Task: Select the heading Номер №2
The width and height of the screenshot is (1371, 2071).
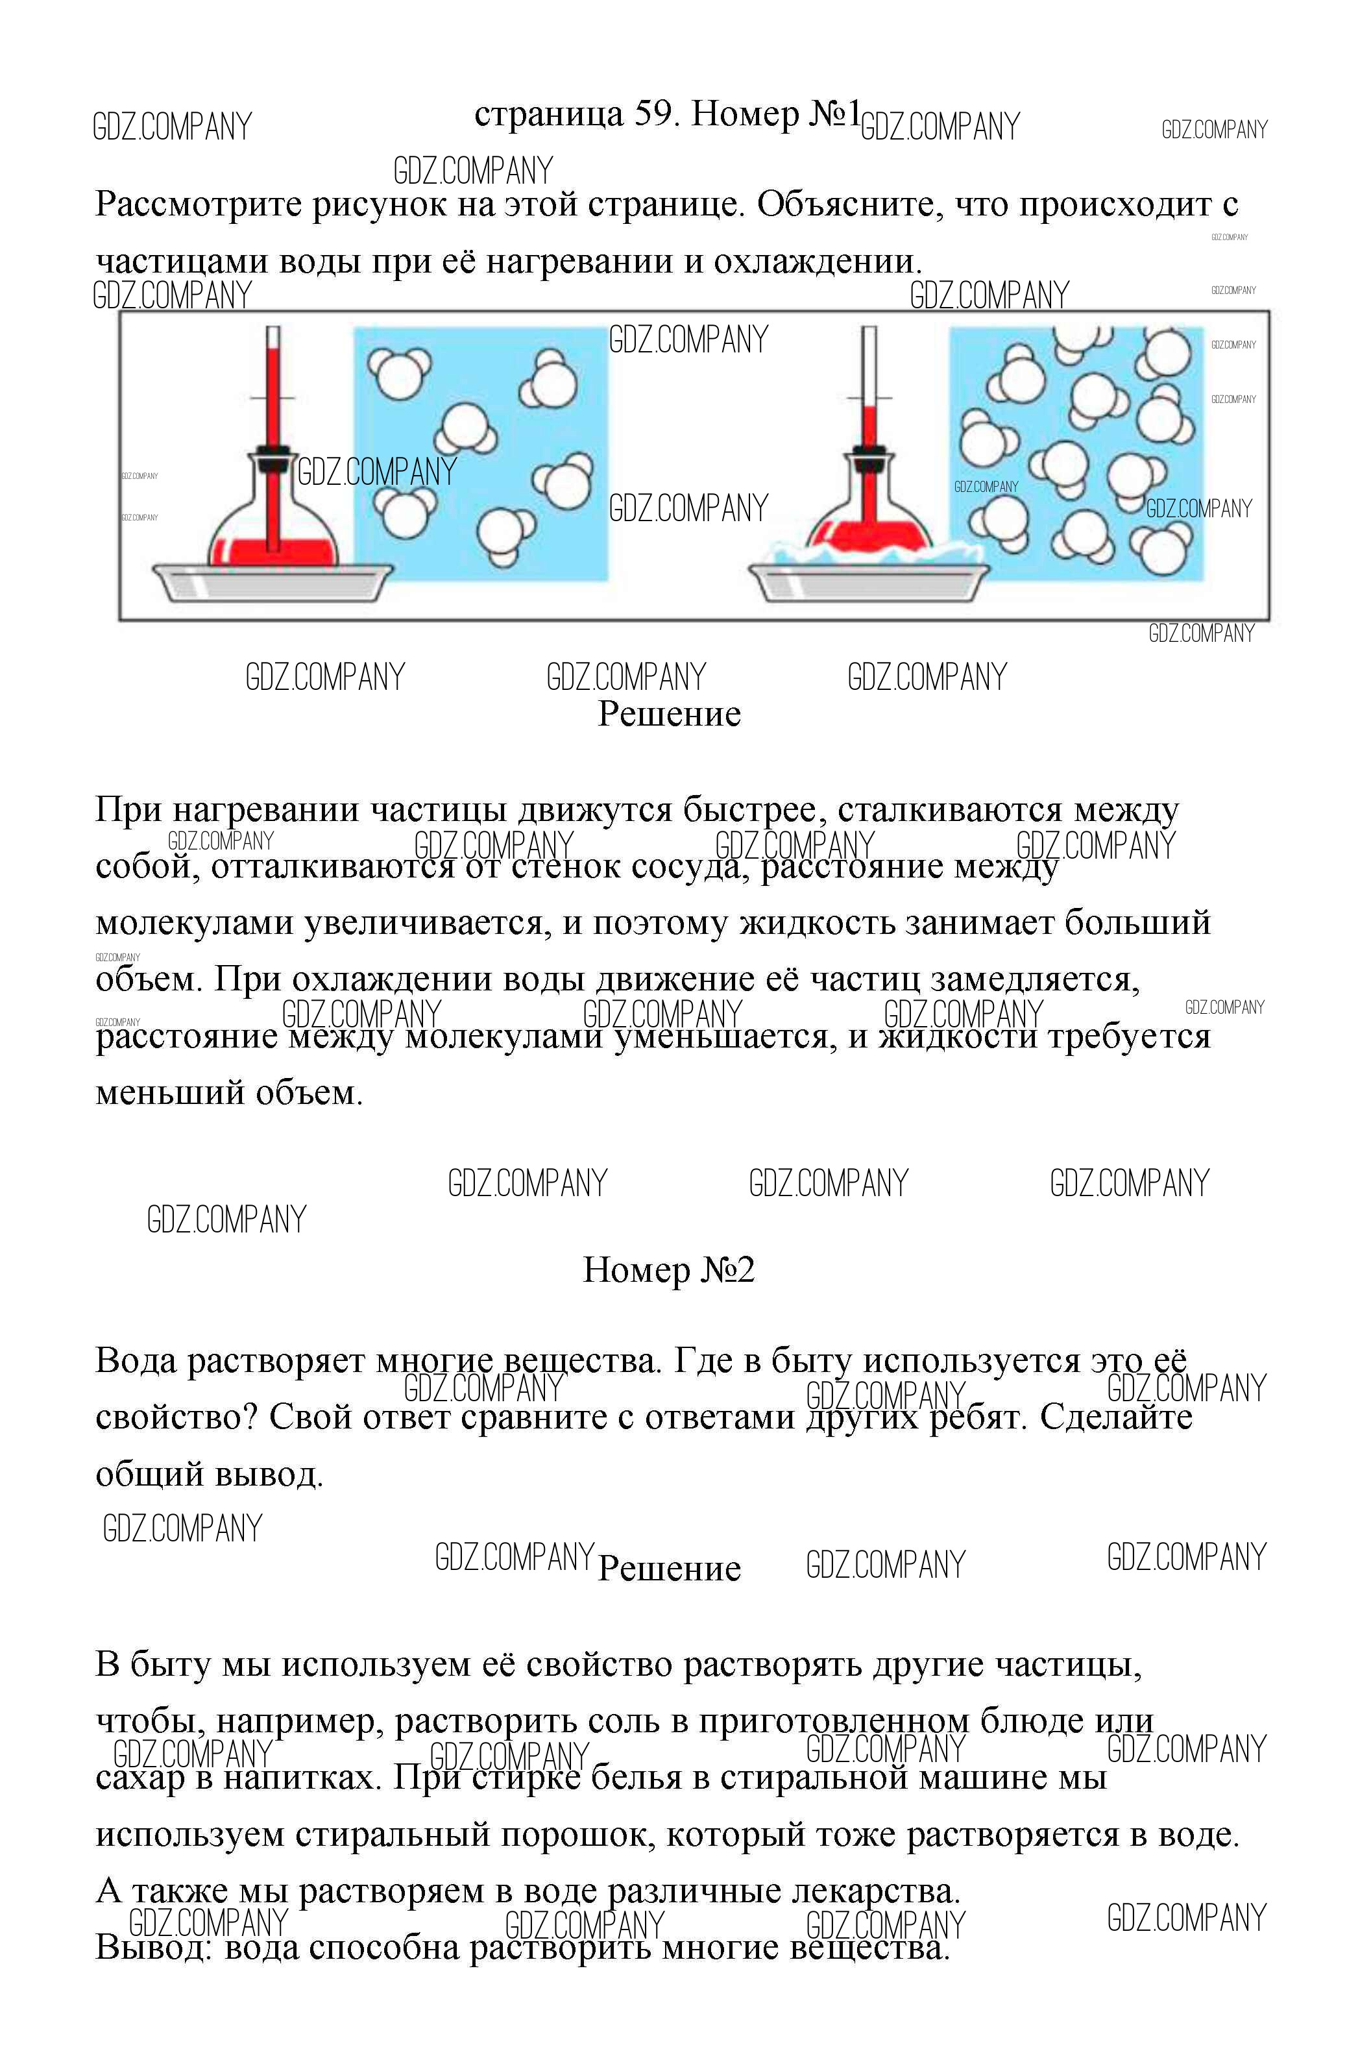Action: coord(668,1270)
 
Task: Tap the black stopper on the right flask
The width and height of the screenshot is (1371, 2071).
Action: coord(868,452)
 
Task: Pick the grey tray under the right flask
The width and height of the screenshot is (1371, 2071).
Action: coord(868,583)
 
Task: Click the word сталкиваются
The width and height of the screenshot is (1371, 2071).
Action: coord(951,811)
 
